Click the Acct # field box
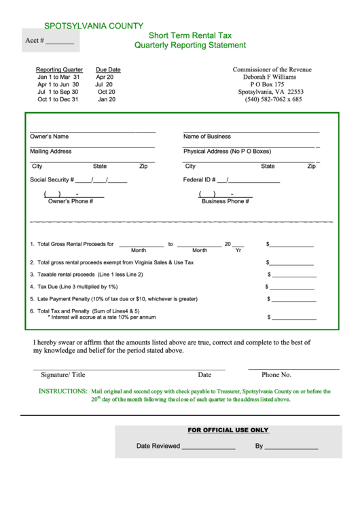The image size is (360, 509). pyautogui.click(x=50, y=40)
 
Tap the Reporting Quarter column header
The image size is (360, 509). pyautogui.click(x=59, y=69)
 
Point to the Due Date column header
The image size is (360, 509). pyautogui.click(x=108, y=69)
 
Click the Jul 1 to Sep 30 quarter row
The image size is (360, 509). pyautogui.click(x=58, y=92)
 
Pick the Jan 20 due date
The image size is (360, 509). pyautogui.click(x=107, y=99)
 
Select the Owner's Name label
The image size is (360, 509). pyautogui.click(x=49, y=136)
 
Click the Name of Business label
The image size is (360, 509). pyautogui.click(x=206, y=136)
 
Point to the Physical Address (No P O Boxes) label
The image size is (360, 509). pyautogui.click(x=226, y=151)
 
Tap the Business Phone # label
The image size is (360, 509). pyautogui.click(x=225, y=201)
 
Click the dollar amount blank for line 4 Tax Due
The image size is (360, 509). pyautogui.click(x=294, y=287)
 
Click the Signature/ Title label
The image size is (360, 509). pyautogui.click(x=63, y=374)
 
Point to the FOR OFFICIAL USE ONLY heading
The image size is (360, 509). pyautogui.click(x=228, y=430)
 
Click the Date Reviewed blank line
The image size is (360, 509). pyautogui.click(x=208, y=447)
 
